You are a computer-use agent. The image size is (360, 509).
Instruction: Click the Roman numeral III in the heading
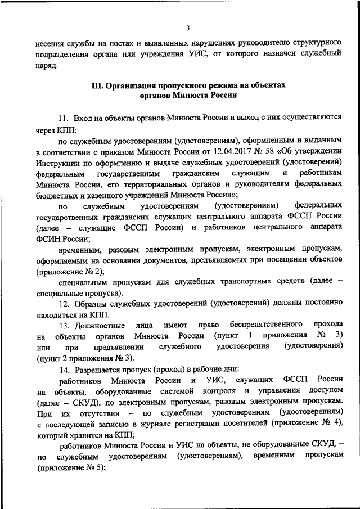point(96,85)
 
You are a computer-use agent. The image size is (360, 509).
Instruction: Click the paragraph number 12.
point(63,302)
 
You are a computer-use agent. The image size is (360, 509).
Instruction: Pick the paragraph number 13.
point(63,325)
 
